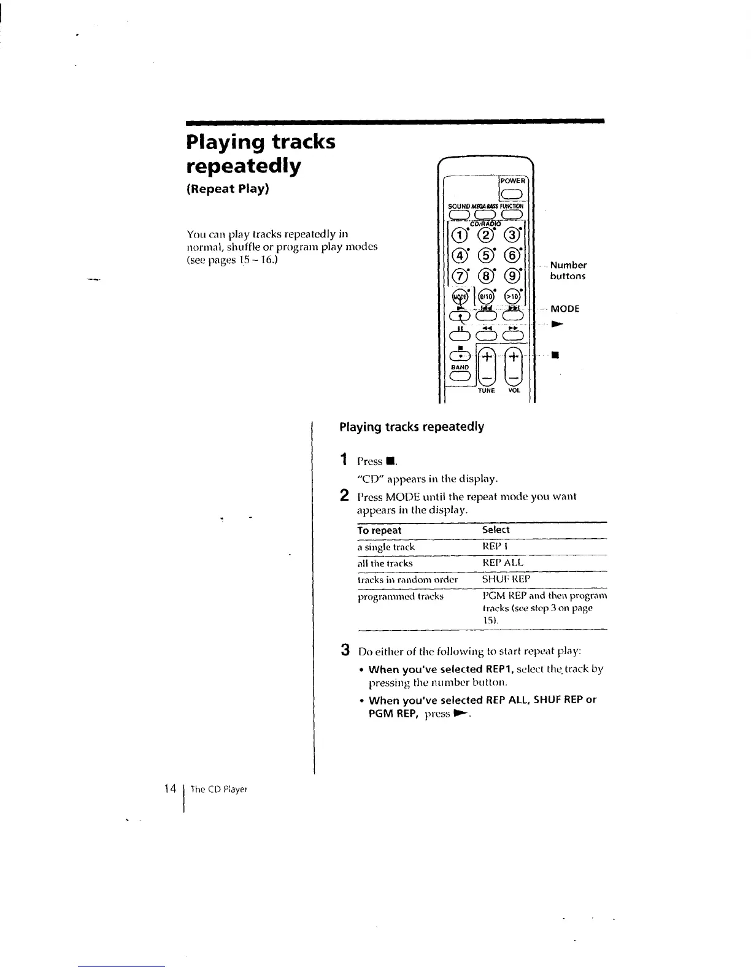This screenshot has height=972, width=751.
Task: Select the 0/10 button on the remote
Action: pyautogui.click(x=485, y=298)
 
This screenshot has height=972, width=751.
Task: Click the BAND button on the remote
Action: pyautogui.click(x=460, y=377)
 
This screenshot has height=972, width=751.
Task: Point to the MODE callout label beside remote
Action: pyautogui.click(x=564, y=309)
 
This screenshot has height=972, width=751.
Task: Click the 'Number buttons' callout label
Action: pyautogui.click(x=568, y=271)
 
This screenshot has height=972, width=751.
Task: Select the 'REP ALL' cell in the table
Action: pyautogui.click(x=503, y=563)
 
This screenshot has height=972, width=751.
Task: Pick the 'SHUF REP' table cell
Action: pyautogui.click(x=506, y=579)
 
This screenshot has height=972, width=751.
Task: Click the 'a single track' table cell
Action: pyautogui.click(x=386, y=547)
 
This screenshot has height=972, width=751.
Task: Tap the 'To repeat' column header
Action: pyautogui.click(x=379, y=530)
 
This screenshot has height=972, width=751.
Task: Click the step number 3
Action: pyautogui.click(x=345, y=650)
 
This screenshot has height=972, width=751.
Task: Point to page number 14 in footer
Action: pyautogui.click(x=171, y=789)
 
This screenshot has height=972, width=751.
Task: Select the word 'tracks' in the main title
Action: pyautogui.click(x=303, y=142)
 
